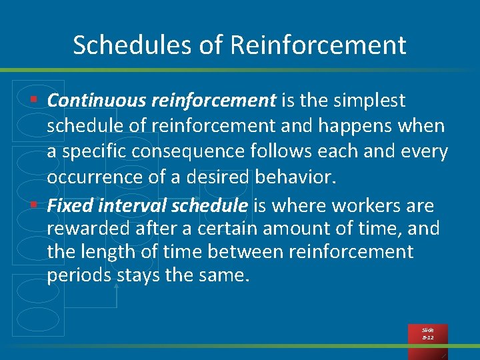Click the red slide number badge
427,334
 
